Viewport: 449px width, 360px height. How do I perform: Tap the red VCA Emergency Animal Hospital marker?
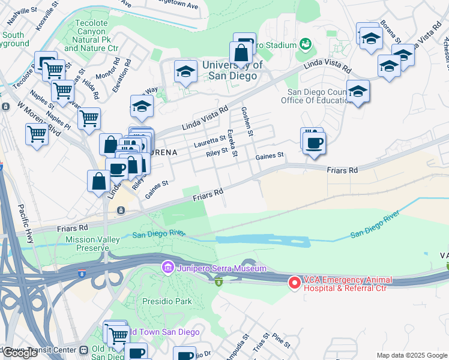pyautogui.click(x=295, y=281)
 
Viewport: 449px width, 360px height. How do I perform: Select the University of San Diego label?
pyautogui.click(x=232, y=70)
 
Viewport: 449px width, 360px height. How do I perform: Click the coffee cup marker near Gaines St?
pyautogui.click(x=313, y=142)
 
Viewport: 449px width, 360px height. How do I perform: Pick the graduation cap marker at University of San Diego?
pyautogui.click(x=186, y=72)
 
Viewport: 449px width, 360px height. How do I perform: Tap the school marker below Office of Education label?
pyautogui.click(x=358, y=92)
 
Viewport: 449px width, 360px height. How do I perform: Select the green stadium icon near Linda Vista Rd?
pyautogui.click(x=306, y=44)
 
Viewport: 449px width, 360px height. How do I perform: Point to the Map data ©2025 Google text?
pyautogui.click(x=411, y=355)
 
